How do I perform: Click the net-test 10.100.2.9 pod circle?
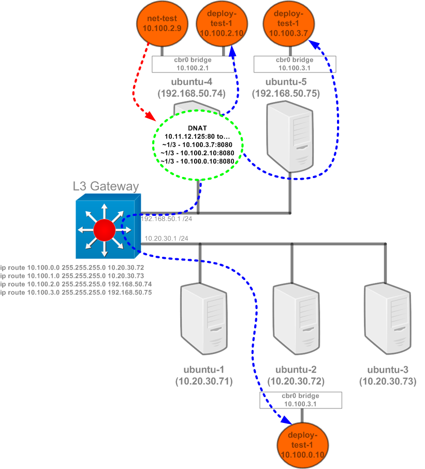pos(162,24)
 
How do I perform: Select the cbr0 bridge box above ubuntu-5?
pos(295,64)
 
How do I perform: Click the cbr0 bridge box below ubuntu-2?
pos(301,400)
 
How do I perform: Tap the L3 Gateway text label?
pos(106,186)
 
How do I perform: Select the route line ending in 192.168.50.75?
pos(76,292)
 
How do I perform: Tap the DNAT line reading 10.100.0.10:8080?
pos(197,160)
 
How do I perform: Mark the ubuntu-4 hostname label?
pos(191,82)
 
